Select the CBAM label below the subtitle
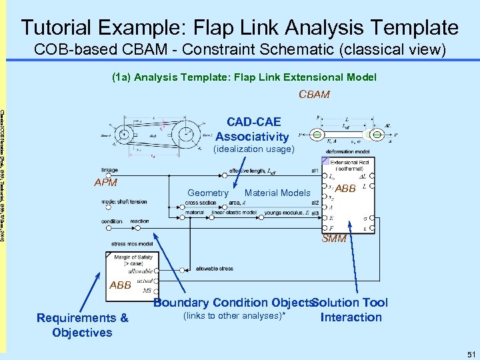click(314, 94)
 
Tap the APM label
click(105, 182)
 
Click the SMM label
click(335, 239)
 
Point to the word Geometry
click(208, 193)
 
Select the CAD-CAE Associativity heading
click(253, 129)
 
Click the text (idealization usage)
click(253, 149)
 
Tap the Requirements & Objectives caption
click(83, 325)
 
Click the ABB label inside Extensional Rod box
click(345, 189)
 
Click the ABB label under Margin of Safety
click(121, 285)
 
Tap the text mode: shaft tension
click(125, 202)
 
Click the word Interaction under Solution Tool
click(351, 317)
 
